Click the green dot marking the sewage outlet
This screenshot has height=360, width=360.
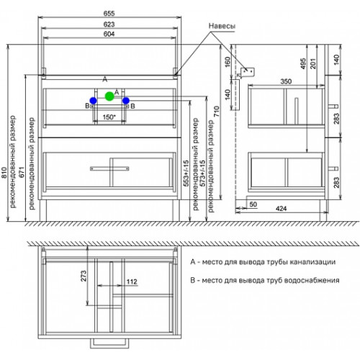109,96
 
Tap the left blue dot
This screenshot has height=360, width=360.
93,101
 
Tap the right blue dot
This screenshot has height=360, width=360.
126,101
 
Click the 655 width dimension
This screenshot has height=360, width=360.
109,14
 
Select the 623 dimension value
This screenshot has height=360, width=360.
109,24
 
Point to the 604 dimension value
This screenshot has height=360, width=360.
109,34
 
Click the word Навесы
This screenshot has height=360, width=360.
222,26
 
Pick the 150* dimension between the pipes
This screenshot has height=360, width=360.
109,117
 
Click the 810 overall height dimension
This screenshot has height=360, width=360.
4,173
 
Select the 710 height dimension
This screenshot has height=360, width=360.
216,112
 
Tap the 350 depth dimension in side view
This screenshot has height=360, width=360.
286,81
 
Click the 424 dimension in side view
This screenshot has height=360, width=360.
281,209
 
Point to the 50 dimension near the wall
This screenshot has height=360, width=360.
253,204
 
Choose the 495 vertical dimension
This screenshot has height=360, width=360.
303,63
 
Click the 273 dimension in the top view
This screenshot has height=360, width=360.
84,276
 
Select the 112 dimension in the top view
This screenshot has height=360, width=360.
132,282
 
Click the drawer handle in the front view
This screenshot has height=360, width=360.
109,168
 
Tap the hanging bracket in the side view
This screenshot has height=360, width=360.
247,73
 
